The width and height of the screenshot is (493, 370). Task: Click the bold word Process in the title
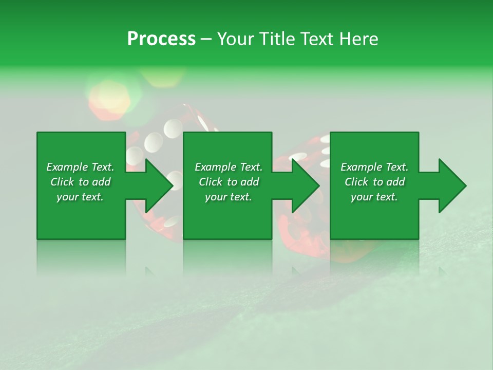pyautogui.click(x=161, y=39)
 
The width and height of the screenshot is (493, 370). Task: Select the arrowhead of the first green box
pyautogui.click(x=157, y=186)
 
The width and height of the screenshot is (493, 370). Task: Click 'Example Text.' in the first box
pyautogui.click(x=81, y=167)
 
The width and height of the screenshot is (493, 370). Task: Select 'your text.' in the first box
pyautogui.click(x=81, y=197)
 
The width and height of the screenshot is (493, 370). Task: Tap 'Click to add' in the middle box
pyautogui.click(x=229, y=182)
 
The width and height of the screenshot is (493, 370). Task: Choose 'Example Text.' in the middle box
pyautogui.click(x=229, y=167)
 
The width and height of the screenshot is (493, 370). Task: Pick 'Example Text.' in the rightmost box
pyautogui.click(x=374, y=167)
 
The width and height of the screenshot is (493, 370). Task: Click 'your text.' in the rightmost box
pyautogui.click(x=374, y=197)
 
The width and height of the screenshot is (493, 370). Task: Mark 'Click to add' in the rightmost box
pyautogui.click(x=374, y=182)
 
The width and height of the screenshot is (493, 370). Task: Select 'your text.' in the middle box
pyautogui.click(x=229, y=197)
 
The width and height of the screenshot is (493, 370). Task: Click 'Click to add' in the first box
pyautogui.click(x=81, y=182)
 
